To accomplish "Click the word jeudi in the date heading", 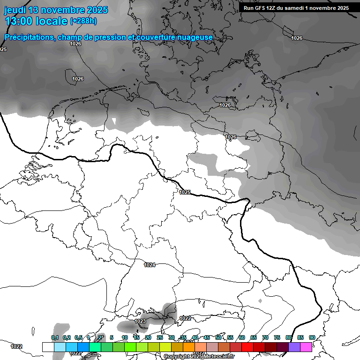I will click(15, 10).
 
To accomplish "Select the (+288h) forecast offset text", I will click(83, 21).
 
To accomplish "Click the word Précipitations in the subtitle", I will click(29, 37).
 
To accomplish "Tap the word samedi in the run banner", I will click(292, 8).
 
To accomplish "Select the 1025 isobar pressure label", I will click(185, 192).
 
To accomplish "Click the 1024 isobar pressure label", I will click(150, 265).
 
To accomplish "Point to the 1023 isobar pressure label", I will click(140, 321).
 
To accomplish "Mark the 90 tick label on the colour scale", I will click(312, 337).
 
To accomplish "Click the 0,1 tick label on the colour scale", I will click(55, 337).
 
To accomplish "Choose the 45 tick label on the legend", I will click(207, 337).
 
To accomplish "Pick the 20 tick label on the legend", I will click(148, 337).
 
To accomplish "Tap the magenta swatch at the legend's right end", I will click(306, 347).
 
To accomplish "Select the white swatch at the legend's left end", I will click(48, 347).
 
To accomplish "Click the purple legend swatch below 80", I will click(294, 347).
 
